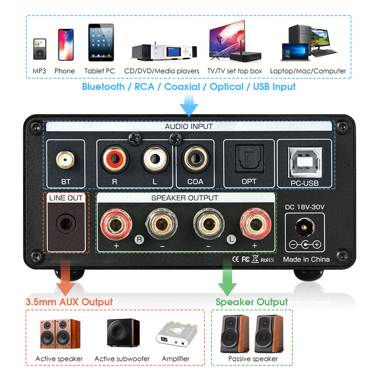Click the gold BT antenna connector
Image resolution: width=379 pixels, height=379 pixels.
(x=65, y=160)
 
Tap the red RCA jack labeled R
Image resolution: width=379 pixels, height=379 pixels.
(x=115, y=159)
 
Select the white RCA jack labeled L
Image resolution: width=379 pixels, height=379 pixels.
(x=155, y=159)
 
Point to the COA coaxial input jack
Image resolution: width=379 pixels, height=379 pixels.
(x=195, y=159)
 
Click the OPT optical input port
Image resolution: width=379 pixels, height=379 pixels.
(x=250, y=159)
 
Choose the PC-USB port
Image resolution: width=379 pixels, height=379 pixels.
(x=305, y=162)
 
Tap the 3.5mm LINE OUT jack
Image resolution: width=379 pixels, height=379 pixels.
(x=66, y=223)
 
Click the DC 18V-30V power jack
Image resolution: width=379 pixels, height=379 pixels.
(x=305, y=227)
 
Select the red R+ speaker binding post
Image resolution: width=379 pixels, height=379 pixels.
(x=116, y=224)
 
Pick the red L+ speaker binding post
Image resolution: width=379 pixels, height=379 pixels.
(x=255, y=224)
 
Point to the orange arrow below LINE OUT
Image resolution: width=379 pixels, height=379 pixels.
(x=65, y=278)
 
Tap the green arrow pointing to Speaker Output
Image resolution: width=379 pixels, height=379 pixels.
(x=227, y=278)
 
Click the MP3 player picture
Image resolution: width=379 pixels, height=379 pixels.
(x=40, y=49)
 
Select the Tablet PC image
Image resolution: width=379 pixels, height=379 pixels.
(x=101, y=42)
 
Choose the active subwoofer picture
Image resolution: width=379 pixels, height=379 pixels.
(x=123, y=333)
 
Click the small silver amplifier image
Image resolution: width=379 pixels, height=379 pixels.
(x=177, y=334)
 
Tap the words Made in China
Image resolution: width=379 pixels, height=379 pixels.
(x=306, y=259)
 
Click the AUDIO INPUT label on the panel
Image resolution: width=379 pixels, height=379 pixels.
(x=189, y=126)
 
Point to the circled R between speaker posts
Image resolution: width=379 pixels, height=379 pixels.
(x=139, y=240)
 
